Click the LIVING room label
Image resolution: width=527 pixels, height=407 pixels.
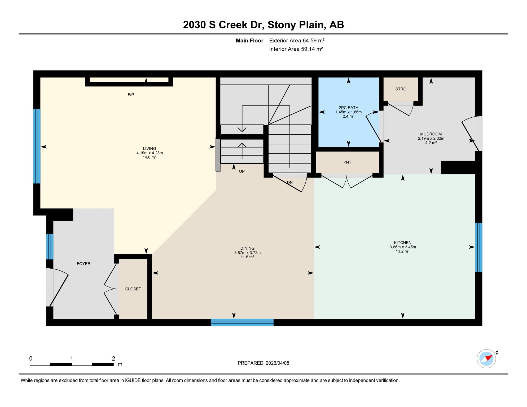pos(150,149)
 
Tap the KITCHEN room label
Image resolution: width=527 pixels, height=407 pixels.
pos(403,243)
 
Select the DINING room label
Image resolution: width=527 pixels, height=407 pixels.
pos(247,249)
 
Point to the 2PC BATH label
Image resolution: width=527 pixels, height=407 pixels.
pos(349,108)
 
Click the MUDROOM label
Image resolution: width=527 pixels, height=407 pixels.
pos(431,134)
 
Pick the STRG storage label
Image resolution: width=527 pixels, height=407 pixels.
pos(401,89)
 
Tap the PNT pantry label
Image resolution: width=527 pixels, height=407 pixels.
pos(347,162)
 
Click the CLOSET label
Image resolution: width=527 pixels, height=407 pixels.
pos(133,289)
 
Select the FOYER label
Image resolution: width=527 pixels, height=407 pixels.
pos(84,264)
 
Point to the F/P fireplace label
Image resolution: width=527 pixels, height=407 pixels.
pos(131,95)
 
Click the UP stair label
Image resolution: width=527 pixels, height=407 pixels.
pos(242,171)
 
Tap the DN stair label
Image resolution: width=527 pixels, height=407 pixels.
pos(290,183)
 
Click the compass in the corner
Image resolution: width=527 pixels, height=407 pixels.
pos(486,359)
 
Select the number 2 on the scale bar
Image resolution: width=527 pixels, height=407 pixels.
pos(113,359)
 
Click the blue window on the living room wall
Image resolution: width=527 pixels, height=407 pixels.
pos(37,146)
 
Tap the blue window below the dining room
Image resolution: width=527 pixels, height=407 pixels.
pos(242,322)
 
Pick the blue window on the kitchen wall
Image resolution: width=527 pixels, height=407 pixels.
pos(479,247)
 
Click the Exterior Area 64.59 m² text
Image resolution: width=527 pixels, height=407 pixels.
pos(297,41)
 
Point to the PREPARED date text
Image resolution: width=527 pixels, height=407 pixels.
pos(263,363)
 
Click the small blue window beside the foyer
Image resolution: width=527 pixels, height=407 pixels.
pos(50,246)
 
